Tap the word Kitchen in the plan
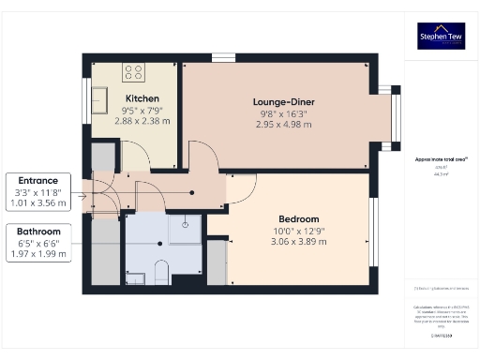pos(142,98)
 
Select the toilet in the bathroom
pos(159,272)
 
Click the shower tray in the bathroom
pos(187,225)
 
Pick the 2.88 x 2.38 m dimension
pos(142,120)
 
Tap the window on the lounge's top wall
pos(223,58)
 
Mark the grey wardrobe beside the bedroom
pos(217,262)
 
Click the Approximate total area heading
pos(436,159)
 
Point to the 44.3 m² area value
pos(436,173)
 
